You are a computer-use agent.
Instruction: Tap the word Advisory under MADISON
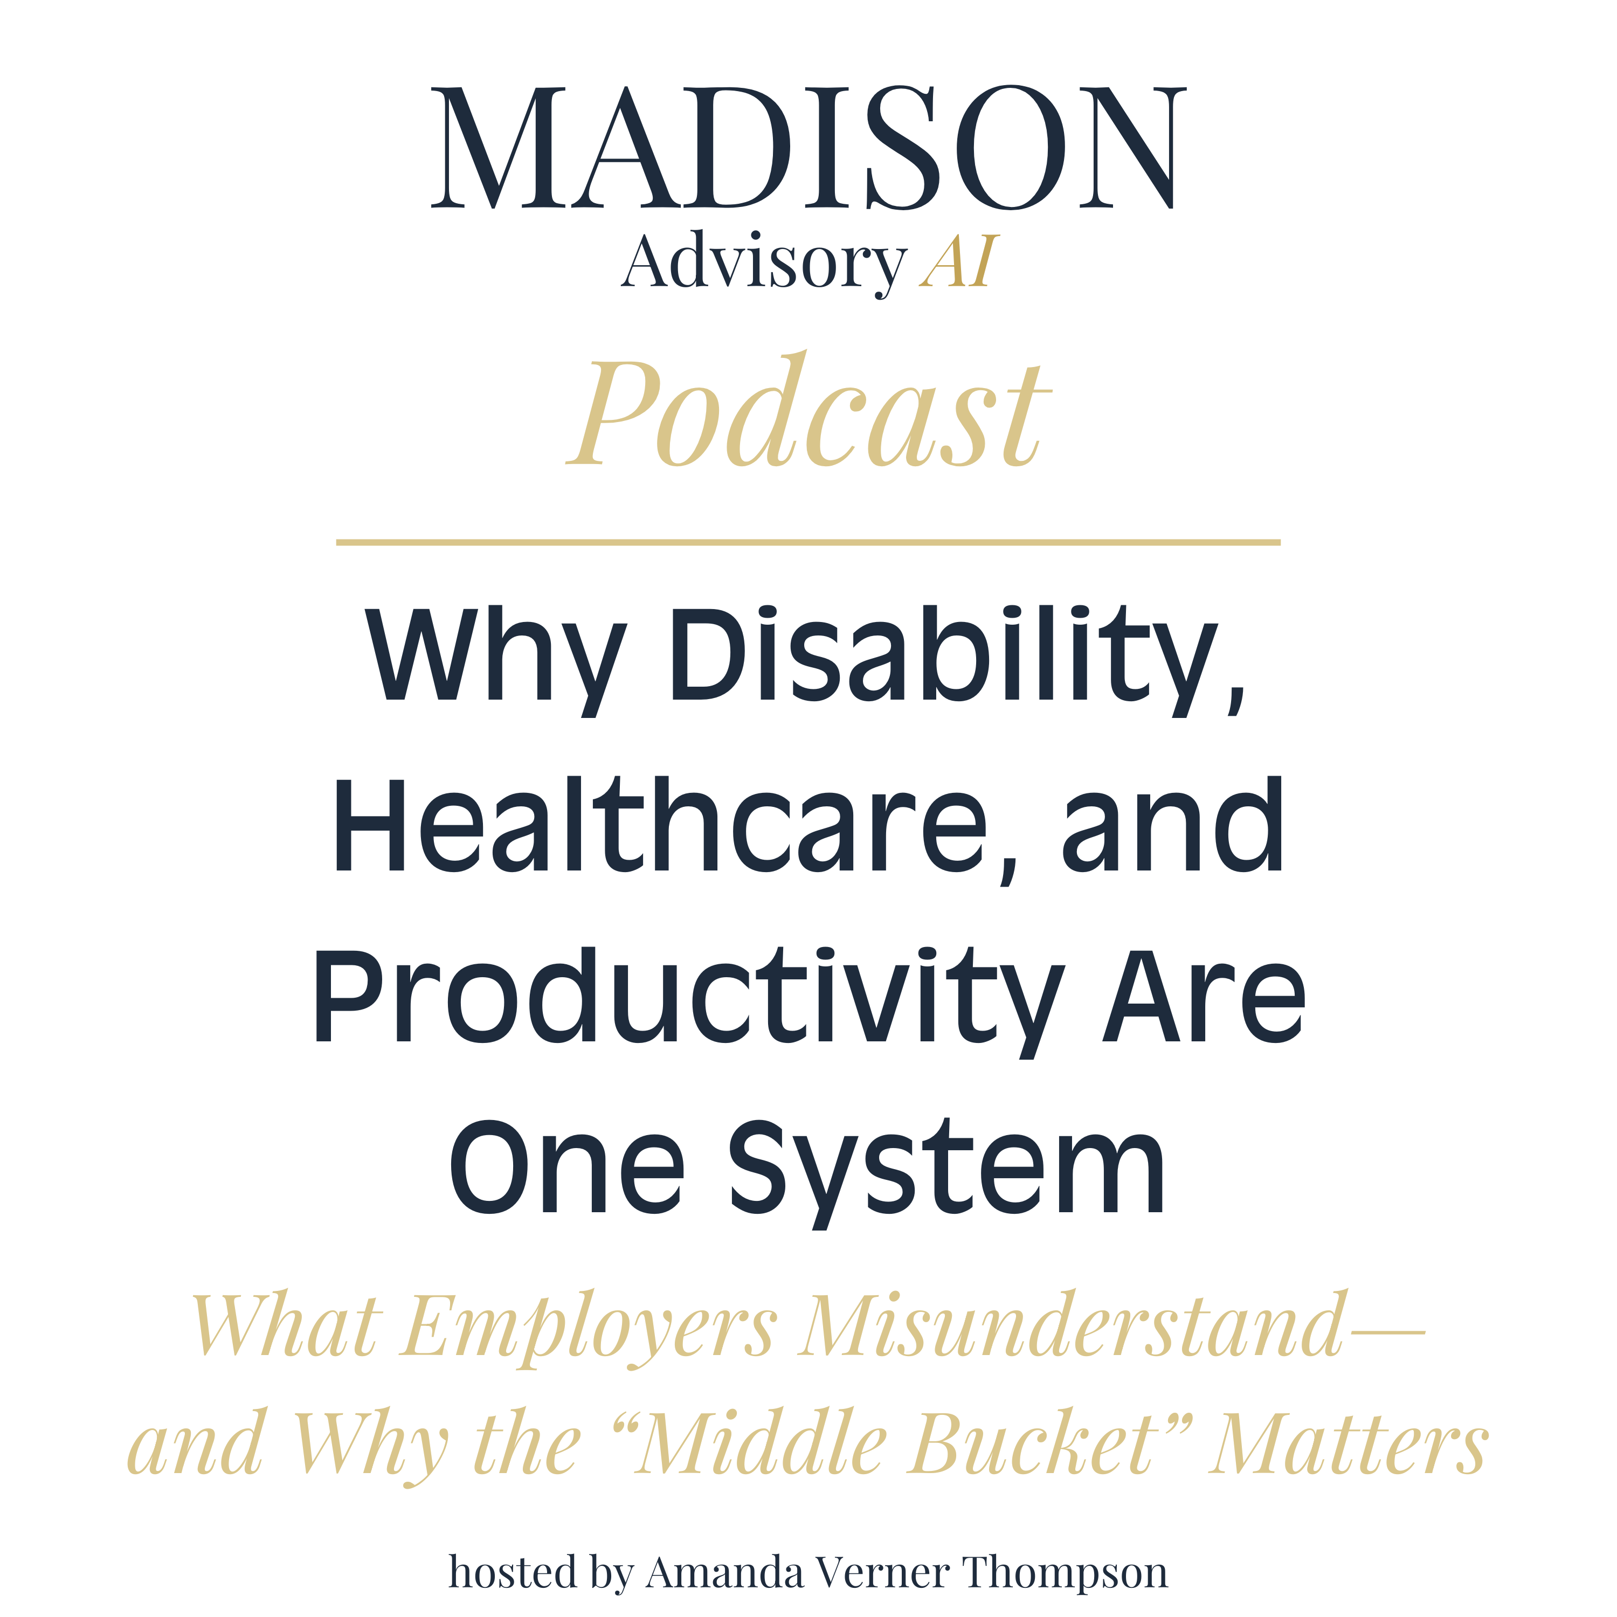[763, 264]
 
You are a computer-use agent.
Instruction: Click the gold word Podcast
[808, 416]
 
